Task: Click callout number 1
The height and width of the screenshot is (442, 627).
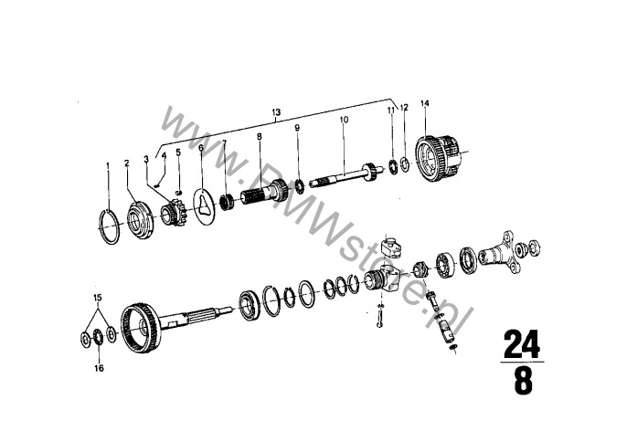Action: tap(108, 164)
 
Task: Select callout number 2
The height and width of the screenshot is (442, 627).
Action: tap(127, 163)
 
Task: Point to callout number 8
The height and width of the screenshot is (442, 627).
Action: tap(260, 137)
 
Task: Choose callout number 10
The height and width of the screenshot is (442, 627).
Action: tap(345, 120)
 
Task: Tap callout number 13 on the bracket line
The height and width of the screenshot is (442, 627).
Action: tap(276, 112)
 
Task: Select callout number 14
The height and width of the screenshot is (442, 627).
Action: tap(425, 103)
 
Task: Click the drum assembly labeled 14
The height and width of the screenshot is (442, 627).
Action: tap(439, 159)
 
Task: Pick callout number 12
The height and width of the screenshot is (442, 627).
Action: tap(404, 108)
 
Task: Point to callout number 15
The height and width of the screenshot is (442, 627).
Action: tap(98, 298)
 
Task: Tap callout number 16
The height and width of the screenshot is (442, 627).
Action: tap(99, 368)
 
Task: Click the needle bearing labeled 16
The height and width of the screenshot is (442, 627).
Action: tap(99, 338)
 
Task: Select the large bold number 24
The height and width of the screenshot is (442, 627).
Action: tap(521, 343)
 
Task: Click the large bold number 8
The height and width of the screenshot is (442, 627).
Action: tap(523, 382)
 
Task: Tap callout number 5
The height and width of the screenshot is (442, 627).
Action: tap(178, 153)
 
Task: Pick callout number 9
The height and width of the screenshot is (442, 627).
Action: tap(297, 128)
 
